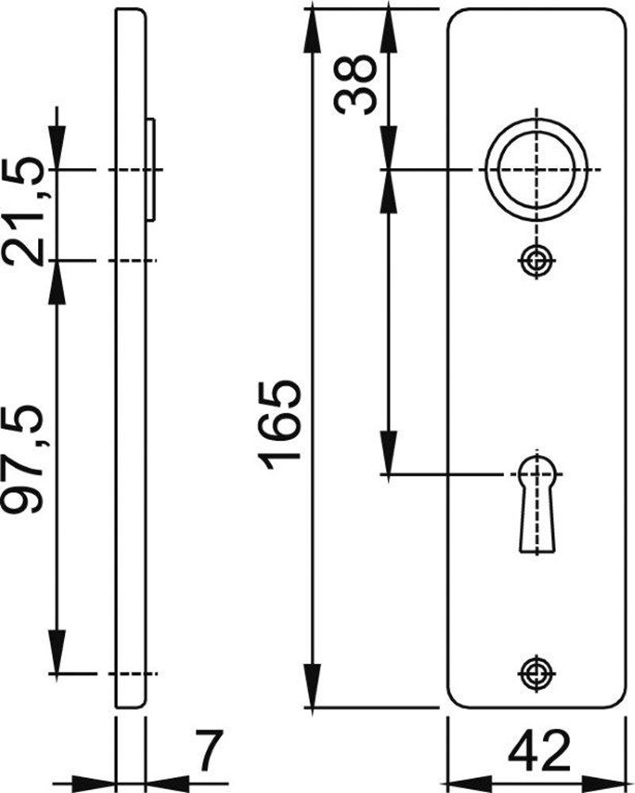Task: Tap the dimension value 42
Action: point(539,753)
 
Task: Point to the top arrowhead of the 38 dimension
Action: point(388,24)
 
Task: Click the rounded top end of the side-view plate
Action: point(131,14)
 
